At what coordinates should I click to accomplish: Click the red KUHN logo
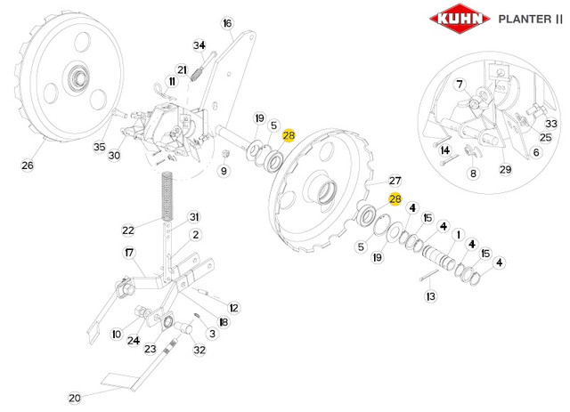pyautogui.click(x=460, y=19)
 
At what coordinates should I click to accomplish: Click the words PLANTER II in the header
pyautogui.click(x=531, y=19)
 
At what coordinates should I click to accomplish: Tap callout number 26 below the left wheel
pyautogui.click(x=28, y=166)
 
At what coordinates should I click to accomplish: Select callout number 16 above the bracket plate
pyautogui.click(x=227, y=24)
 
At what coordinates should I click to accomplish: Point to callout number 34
pyautogui.click(x=199, y=45)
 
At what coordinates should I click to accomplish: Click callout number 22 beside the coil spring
pyautogui.click(x=128, y=230)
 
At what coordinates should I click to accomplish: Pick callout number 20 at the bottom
pyautogui.click(x=75, y=398)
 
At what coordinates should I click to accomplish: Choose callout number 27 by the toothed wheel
pyautogui.click(x=395, y=181)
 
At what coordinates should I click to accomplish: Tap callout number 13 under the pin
pyautogui.click(x=431, y=296)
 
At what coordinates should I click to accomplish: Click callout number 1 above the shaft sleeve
pyautogui.click(x=459, y=235)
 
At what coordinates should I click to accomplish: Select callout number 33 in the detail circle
pyautogui.click(x=551, y=124)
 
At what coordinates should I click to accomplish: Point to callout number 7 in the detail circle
pyautogui.click(x=460, y=85)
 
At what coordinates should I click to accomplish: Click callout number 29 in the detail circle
pyautogui.click(x=505, y=169)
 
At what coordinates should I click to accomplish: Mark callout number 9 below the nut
pyautogui.click(x=224, y=171)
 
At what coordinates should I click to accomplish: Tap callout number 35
pyautogui.click(x=99, y=147)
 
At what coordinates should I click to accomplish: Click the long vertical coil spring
pyautogui.click(x=167, y=196)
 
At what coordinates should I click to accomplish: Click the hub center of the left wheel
pyautogui.click(x=78, y=77)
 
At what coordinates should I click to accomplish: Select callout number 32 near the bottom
pyautogui.click(x=199, y=350)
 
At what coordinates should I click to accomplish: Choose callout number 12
pyautogui.click(x=233, y=308)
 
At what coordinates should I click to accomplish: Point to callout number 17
pyautogui.click(x=129, y=253)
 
